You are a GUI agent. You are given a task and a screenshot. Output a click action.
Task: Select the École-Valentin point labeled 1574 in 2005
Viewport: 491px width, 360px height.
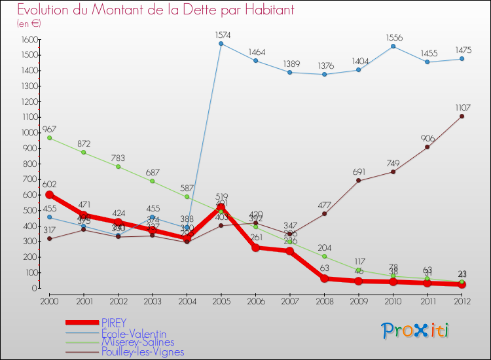click(x=221, y=44)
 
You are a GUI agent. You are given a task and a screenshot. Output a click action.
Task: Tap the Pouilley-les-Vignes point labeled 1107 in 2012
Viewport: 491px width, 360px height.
click(x=462, y=117)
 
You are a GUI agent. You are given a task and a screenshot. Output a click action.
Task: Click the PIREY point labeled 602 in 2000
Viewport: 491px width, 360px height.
click(x=50, y=195)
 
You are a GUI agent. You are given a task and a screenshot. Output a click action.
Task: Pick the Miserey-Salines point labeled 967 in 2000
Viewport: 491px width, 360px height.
click(x=50, y=138)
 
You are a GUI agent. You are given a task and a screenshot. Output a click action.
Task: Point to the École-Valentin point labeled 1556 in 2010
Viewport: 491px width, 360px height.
click(x=393, y=46)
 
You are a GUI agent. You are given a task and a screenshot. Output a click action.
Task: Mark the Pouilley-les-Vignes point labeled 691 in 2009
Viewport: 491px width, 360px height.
click(x=359, y=181)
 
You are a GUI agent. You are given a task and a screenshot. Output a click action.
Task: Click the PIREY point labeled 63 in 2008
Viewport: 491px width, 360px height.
click(x=324, y=278)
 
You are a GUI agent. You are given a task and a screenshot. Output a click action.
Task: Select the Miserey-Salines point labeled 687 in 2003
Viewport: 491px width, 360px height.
click(x=153, y=181)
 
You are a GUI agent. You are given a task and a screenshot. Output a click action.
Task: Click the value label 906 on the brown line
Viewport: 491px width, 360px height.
click(x=427, y=137)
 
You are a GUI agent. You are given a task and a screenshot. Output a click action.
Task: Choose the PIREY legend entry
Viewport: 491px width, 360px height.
click(x=114, y=323)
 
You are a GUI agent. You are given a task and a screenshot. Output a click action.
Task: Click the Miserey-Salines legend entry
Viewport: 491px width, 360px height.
click(x=137, y=342)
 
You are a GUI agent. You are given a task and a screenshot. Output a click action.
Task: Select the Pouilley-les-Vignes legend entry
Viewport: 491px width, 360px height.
click(x=143, y=351)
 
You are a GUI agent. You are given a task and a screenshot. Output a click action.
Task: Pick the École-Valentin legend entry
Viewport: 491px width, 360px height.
click(x=134, y=333)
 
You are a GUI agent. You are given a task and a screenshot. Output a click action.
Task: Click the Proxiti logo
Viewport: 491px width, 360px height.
click(x=416, y=331)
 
